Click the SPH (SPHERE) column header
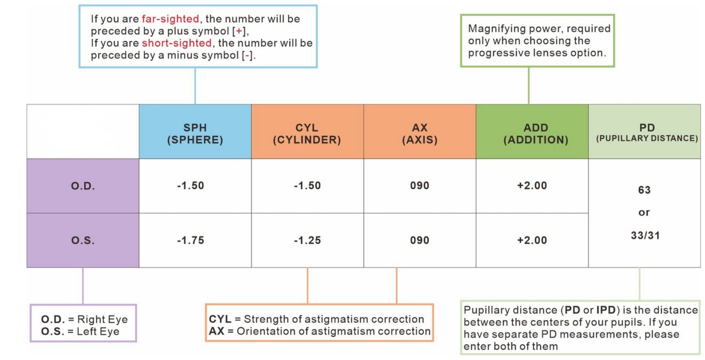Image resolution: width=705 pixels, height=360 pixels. [195, 134]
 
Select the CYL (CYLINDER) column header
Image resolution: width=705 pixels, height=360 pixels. [307, 134]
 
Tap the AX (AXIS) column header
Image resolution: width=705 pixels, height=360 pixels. [420, 134]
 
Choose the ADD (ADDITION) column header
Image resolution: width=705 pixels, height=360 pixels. [536, 134]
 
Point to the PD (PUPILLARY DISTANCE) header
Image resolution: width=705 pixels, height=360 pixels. [647, 132]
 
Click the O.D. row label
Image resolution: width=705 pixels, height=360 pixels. [83, 186]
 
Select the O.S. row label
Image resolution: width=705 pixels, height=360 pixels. [83, 240]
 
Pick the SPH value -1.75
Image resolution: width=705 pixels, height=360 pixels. [191, 240]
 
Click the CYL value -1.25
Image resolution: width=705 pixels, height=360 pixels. [307, 240]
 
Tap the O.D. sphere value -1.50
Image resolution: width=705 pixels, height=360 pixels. [191, 186]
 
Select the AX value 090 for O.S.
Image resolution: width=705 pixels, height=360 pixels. [420, 240]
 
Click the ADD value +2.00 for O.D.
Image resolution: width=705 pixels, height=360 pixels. [532, 186]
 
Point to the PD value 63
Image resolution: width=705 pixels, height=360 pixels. [644, 190]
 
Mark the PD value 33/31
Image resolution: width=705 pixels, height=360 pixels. [646, 236]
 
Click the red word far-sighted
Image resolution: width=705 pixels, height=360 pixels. [170, 19]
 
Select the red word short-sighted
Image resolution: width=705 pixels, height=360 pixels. [177, 43]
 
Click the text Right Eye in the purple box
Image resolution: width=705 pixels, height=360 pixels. [102, 320]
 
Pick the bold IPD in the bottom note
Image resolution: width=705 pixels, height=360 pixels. [606, 310]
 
